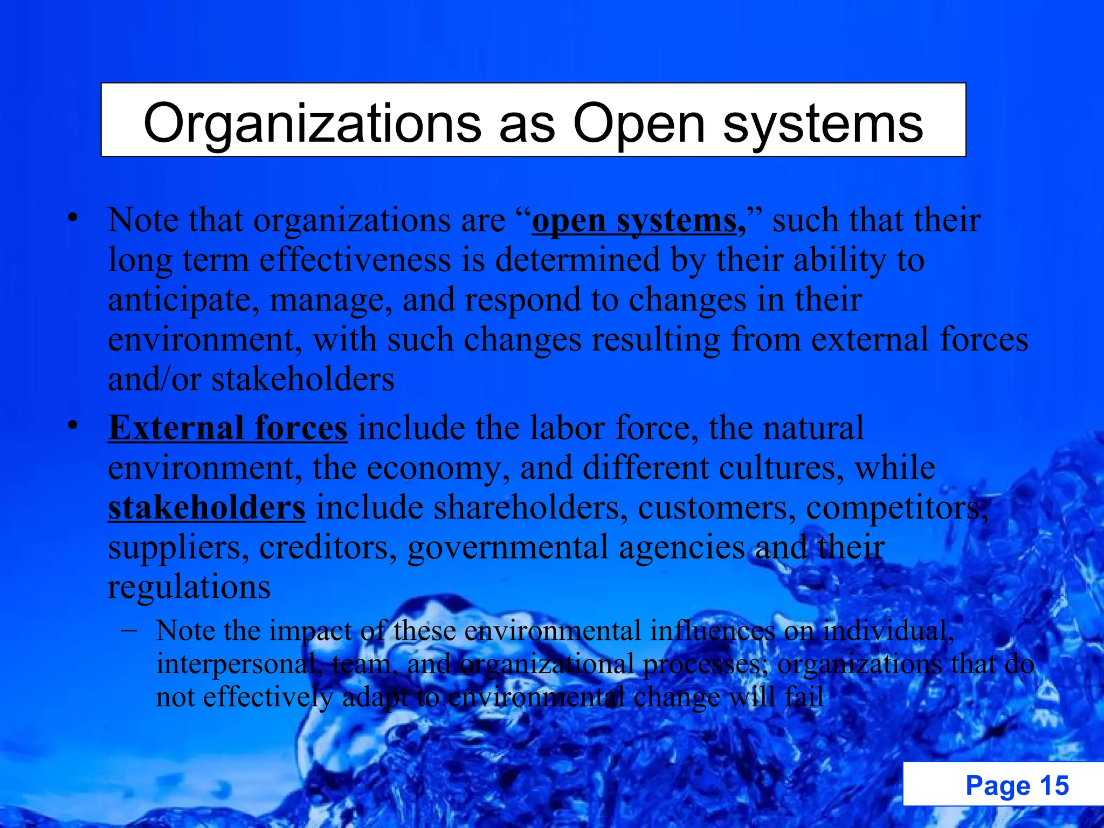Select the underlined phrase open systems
tap(634, 222)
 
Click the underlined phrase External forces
tap(227, 429)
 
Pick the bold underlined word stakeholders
tap(206, 508)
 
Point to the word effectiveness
tap(355, 260)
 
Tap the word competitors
tap(896, 508)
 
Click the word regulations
tap(189, 587)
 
